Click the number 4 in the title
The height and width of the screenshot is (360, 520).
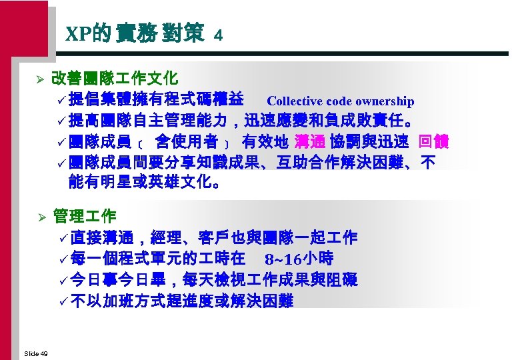[218, 36]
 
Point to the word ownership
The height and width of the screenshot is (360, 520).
[385, 101]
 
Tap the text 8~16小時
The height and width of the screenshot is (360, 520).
[299, 258]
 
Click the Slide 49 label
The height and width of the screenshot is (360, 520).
[35, 352]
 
